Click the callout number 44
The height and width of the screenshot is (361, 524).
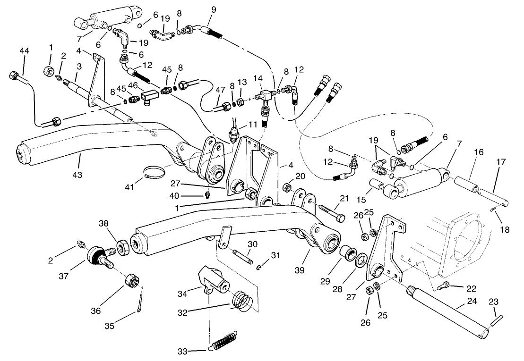(x=25, y=51)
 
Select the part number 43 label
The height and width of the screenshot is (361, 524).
(x=77, y=175)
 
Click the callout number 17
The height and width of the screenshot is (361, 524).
(x=500, y=162)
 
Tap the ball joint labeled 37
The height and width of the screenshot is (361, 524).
(x=98, y=255)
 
